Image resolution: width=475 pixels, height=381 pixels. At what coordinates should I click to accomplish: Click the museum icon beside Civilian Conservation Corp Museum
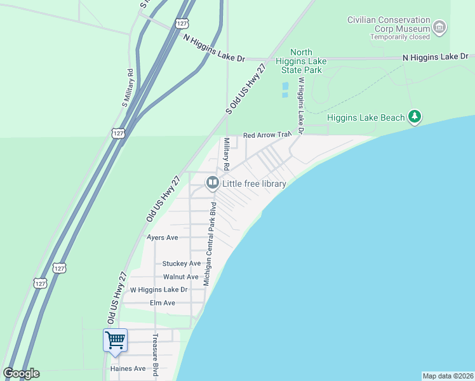click(x=439, y=28)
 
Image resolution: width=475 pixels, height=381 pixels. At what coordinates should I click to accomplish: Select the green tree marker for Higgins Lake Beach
click(x=415, y=116)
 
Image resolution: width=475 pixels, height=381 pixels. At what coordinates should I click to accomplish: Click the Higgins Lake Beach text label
click(x=365, y=117)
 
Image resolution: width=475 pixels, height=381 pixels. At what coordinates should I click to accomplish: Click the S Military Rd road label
click(x=127, y=86)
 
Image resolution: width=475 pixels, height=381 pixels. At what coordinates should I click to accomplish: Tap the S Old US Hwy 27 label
click(x=246, y=88)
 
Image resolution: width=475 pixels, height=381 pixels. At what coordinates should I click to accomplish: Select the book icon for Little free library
click(x=212, y=184)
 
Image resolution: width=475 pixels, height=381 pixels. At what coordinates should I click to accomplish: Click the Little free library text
click(x=254, y=184)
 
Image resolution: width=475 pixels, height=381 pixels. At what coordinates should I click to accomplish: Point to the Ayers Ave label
click(x=163, y=237)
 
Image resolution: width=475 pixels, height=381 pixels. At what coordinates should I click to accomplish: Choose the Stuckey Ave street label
click(x=181, y=264)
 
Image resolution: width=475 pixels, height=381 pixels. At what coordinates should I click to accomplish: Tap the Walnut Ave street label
click(x=180, y=277)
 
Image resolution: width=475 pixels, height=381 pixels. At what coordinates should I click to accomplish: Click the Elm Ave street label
click(x=162, y=303)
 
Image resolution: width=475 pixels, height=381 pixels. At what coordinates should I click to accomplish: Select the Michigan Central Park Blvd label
click(x=209, y=244)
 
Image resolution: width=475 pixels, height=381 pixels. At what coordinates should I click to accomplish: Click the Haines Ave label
click(x=128, y=368)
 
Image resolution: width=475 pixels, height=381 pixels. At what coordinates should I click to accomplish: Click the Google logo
click(x=21, y=373)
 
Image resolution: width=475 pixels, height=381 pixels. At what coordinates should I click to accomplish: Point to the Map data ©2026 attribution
click(x=448, y=376)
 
